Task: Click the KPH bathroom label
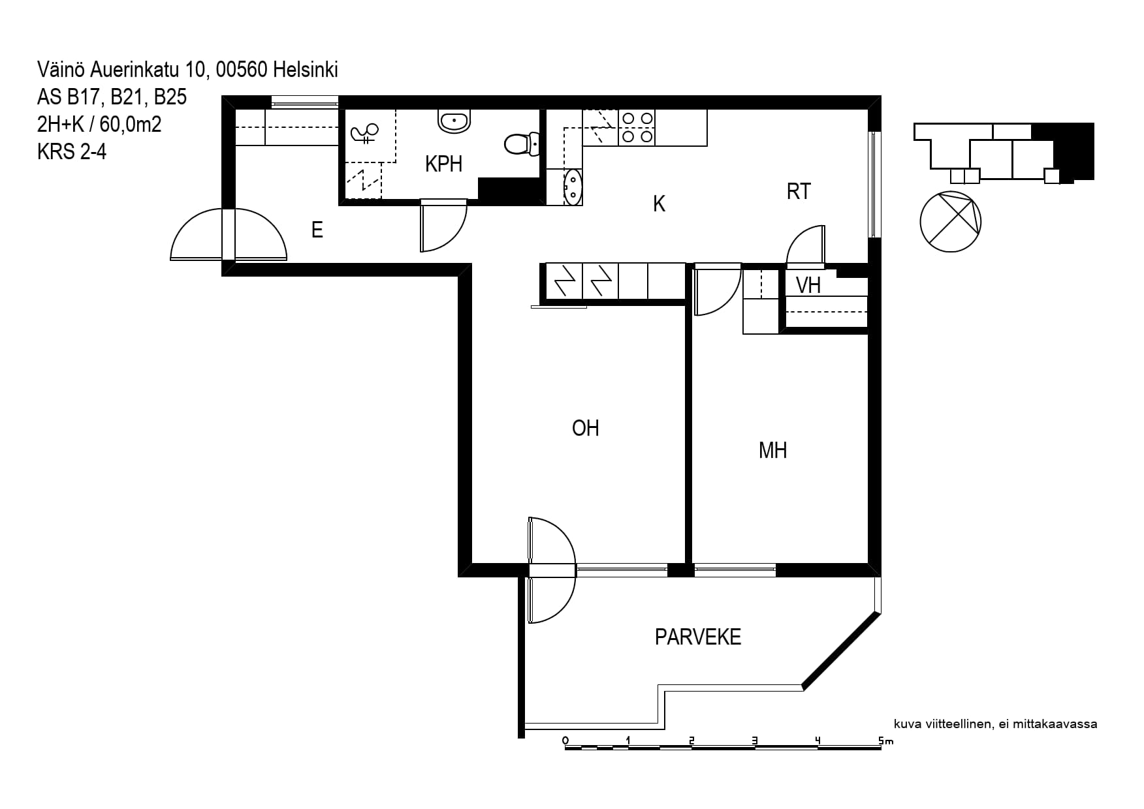coord(443,164)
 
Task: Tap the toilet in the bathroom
coord(522,144)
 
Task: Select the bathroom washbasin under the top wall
coord(454,121)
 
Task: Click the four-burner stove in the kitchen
coord(637,128)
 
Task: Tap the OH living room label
coord(585,428)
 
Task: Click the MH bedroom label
coord(772,450)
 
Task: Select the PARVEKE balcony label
coord(698,637)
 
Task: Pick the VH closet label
coord(808,285)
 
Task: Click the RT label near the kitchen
coord(799,191)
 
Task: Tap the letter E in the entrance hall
coord(317,230)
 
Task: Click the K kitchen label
coord(659,204)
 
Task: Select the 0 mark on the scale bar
coord(565,740)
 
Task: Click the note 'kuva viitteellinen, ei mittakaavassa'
coord(996,724)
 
